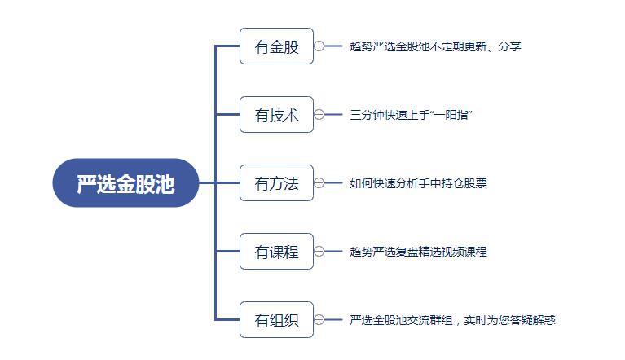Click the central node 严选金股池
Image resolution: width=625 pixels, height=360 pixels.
125,182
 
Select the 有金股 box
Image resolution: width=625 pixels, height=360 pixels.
276,46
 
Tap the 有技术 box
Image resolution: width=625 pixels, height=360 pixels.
276,114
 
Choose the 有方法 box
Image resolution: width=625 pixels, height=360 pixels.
276,182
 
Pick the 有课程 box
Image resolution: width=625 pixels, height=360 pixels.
276,252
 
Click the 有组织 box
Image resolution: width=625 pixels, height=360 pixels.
276,320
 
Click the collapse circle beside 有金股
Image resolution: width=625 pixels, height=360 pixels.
319,46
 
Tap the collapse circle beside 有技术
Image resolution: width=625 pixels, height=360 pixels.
319,114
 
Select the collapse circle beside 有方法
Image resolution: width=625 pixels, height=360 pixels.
319,182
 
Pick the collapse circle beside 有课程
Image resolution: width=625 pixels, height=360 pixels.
319,252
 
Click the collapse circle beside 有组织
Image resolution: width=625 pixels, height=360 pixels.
319,320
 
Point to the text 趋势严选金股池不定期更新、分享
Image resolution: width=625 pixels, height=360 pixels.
435,46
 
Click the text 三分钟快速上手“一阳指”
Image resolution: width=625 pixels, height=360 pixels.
411,115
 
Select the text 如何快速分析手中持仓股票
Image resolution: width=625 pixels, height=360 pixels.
418,183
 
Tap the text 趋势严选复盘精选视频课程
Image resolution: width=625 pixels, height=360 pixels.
418,252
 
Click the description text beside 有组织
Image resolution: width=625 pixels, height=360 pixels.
452,320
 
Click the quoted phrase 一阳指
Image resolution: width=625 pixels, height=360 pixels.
451,115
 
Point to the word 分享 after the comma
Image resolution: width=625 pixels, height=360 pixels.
510,46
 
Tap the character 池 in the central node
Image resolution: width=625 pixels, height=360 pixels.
165,184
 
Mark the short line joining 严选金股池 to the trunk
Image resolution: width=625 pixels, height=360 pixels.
207,182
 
